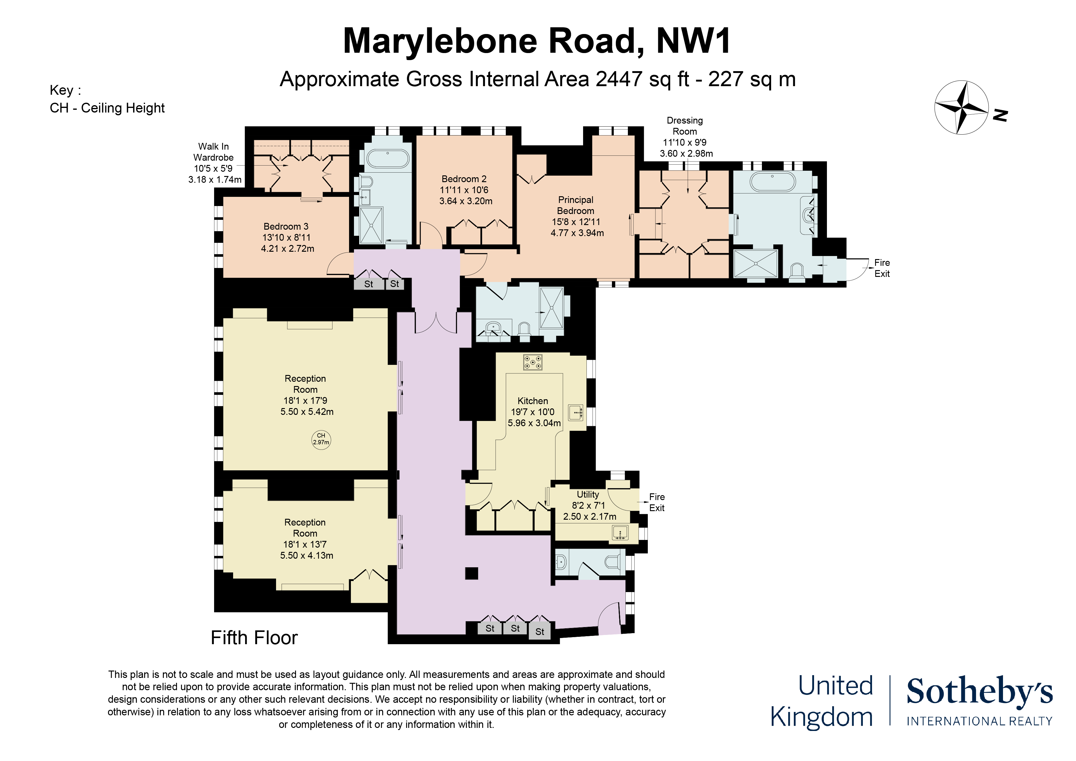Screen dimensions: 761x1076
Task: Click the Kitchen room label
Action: pos(533,401)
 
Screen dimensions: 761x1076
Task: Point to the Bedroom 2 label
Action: pos(464,179)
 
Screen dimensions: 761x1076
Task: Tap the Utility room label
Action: pos(588,494)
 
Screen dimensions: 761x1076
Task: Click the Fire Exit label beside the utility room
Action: pos(657,502)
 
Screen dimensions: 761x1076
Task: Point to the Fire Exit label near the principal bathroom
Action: pos(882,268)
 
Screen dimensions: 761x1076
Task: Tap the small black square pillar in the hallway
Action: pos(471,573)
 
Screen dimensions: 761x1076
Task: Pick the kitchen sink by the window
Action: pos(576,412)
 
